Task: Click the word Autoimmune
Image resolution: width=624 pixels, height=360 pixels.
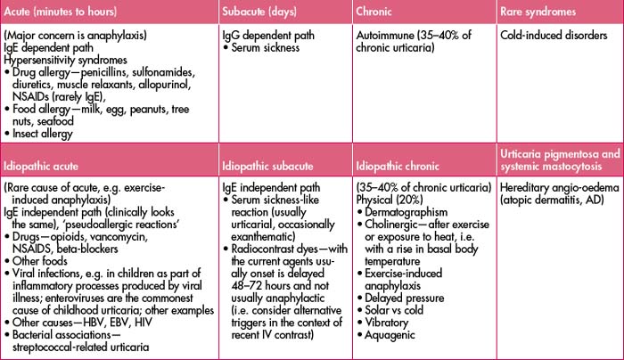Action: coord(388,36)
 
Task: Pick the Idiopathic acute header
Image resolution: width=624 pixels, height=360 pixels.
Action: coord(45,166)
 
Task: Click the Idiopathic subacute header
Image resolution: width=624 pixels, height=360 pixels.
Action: coord(274,166)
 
